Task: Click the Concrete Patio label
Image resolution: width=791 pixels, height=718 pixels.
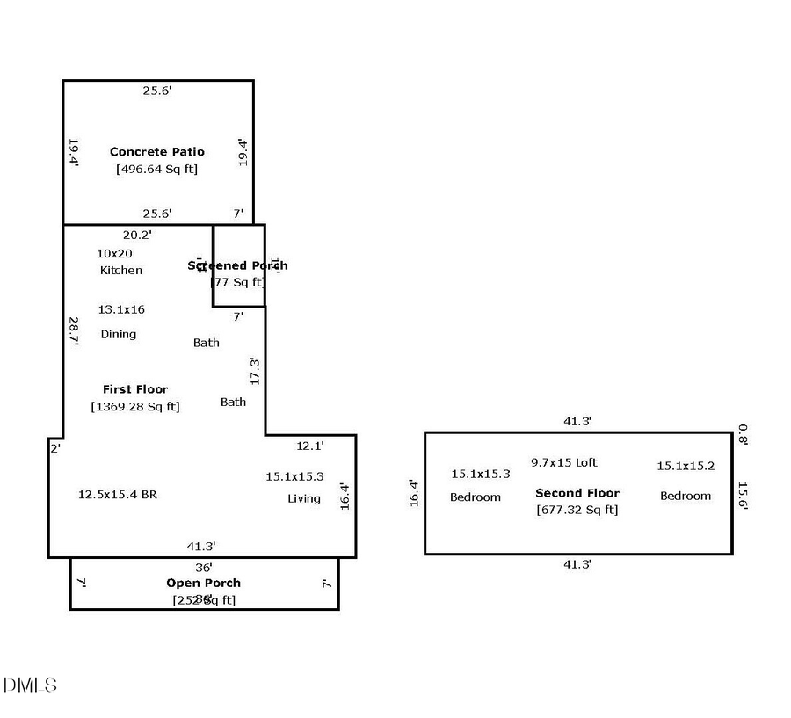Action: click(156, 152)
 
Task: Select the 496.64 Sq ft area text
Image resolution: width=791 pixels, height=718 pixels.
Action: click(156, 169)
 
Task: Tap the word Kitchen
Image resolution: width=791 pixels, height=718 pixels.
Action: click(120, 270)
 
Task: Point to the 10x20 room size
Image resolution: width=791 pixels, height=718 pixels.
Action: click(114, 253)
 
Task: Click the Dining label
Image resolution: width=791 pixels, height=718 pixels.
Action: click(119, 334)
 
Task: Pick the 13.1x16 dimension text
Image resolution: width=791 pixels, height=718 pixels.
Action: click(121, 309)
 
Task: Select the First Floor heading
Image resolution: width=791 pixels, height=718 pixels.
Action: click(134, 389)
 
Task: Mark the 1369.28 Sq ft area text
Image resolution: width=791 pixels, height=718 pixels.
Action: click(134, 406)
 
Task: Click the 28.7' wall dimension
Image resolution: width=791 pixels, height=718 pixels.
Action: click(74, 331)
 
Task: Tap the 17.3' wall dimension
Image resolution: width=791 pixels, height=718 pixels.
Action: click(255, 370)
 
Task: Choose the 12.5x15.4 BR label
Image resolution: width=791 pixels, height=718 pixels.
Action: click(118, 494)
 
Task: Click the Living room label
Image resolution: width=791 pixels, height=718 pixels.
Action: click(304, 498)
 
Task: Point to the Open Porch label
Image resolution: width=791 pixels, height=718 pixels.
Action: click(203, 583)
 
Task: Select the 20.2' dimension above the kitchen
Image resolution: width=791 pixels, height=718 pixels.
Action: click(137, 235)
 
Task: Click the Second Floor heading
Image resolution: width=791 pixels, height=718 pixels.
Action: click(577, 493)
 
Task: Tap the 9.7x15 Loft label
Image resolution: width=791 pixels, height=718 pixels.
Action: click(564, 462)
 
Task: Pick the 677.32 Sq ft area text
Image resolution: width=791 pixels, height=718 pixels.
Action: click(577, 510)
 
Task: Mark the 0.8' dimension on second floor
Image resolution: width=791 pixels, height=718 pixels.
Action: click(743, 434)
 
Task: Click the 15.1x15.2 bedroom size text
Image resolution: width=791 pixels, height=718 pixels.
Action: click(686, 466)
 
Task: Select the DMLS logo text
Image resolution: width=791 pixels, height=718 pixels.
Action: click(30, 685)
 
